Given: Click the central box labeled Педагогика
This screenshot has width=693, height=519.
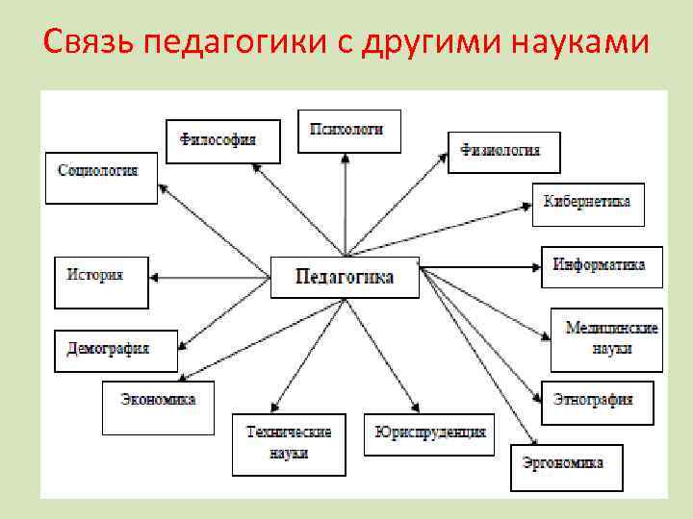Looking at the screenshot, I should (345, 277).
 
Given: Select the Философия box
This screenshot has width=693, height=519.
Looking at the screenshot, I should (222, 141).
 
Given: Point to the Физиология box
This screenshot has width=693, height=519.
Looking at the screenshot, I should (502, 152).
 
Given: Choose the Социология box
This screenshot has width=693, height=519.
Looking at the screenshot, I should (100, 176).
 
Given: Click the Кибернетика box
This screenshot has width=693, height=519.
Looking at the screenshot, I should (587, 203).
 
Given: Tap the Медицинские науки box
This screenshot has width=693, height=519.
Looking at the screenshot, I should (607, 338).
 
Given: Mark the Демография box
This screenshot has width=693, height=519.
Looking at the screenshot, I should (115, 350).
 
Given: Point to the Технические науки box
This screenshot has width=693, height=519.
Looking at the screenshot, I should (288, 443).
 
